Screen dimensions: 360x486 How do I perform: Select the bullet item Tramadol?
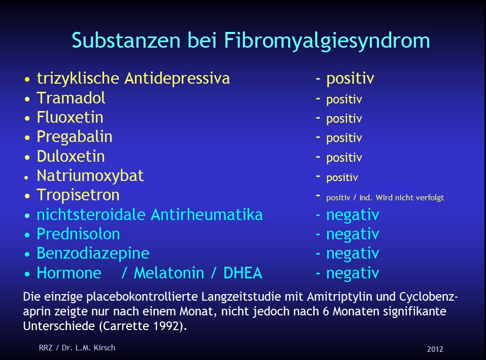click(71, 98)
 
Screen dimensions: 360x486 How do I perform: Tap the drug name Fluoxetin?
click(70, 118)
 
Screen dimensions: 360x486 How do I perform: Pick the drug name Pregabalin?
click(75, 137)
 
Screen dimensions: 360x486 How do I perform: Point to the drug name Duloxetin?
click(71, 156)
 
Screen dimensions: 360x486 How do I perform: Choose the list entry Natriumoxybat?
click(90, 176)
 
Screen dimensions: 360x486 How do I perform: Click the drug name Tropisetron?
click(78, 195)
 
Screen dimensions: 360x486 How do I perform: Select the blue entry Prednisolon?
click(78, 234)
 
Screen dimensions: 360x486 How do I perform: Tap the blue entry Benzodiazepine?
click(93, 254)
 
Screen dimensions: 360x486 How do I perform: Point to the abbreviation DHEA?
click(243, 273)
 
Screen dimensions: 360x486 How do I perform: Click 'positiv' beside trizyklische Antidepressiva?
click(350, 79)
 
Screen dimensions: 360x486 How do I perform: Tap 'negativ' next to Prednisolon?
click(353, 234)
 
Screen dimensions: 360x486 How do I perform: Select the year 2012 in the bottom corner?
click(435, 349)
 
